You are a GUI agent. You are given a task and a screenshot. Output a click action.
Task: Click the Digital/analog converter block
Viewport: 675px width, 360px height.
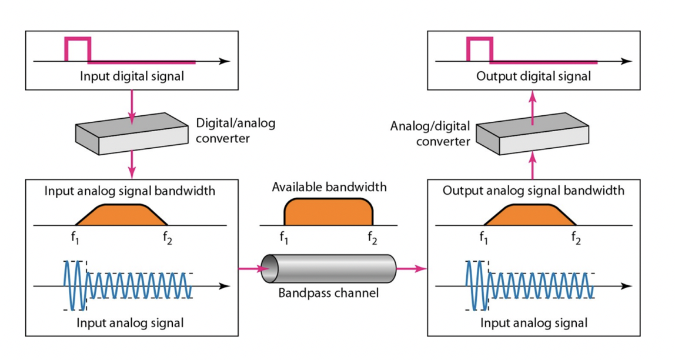click(x=132, y=134)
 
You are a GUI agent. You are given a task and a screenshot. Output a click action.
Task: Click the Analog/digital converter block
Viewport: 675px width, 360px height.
click(x=533, y=134)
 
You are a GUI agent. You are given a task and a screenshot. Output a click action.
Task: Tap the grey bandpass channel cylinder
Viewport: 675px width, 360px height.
click(x=329, y=269)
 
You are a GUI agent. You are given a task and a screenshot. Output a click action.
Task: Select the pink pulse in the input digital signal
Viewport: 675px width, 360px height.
click(x=78, y=49)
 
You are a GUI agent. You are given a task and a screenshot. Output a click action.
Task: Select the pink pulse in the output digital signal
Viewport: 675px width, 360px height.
click(x=480, y=49)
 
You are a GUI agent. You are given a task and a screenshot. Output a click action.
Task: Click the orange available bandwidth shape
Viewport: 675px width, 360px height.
click(x=329, y=212)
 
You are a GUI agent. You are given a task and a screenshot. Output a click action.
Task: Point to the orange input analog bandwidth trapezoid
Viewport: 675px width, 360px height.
click(x=121, y=215)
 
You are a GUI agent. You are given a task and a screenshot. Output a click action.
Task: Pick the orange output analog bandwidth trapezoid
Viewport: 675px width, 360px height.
click(x=530, y=215)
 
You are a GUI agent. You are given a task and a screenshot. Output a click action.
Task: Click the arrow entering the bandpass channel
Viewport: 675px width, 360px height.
click(x=254, y=269)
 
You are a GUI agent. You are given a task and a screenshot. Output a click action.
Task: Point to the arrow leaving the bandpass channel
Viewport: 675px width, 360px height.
click(x=411, y=269)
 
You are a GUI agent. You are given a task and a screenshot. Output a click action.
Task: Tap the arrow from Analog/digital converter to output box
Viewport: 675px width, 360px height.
click(x=533, y=108)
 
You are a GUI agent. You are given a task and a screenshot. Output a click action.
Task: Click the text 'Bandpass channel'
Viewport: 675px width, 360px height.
click(x=329, y=294)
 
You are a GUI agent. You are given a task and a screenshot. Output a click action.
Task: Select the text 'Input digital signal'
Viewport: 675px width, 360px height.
click(x=132, y=76)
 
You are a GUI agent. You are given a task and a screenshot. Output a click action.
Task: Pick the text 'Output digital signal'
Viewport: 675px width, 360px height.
click(x=533, y=76)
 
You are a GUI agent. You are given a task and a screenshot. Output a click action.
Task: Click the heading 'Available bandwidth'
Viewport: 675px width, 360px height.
click(x=329, y=187)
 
